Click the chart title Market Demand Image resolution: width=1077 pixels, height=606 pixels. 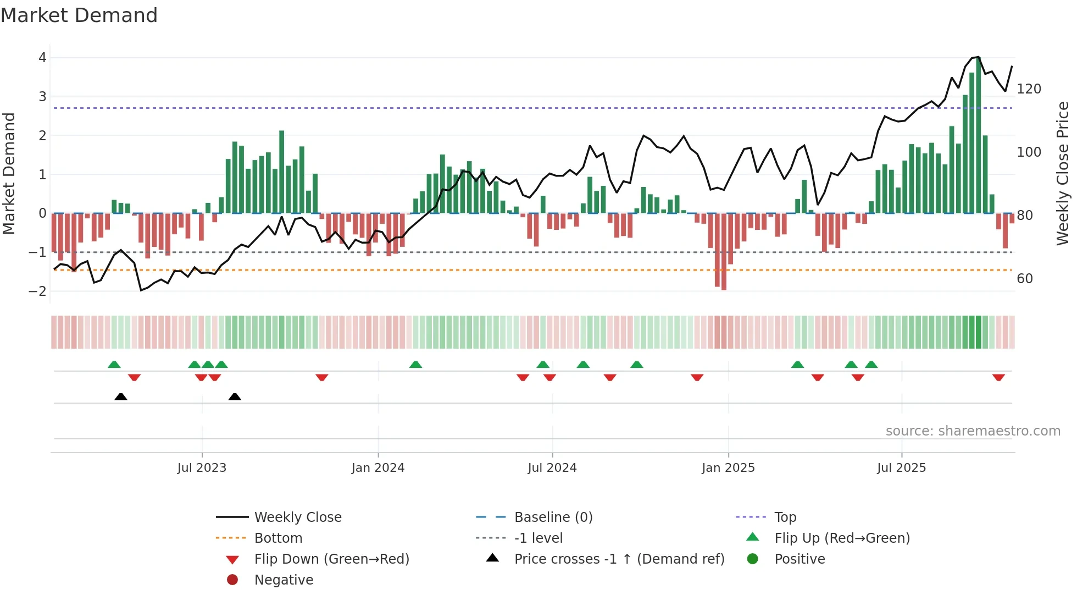[79, 15]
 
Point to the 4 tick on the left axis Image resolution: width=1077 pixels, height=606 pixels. [42, 58]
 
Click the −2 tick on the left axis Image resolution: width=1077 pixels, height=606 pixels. [38, 291]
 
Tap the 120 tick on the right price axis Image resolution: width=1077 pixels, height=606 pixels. [1029, 89]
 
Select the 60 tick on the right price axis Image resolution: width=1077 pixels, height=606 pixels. [1024, 279]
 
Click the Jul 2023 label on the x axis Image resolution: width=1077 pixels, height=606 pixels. [202, 468]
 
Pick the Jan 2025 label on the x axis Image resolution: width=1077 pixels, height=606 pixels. [728, 468]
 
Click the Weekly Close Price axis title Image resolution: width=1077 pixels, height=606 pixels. [1063, 173]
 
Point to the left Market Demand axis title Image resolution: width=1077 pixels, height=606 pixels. [9, 173]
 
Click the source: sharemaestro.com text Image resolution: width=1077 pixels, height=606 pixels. [973, 431]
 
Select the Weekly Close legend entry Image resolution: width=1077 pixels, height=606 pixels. [297, 517]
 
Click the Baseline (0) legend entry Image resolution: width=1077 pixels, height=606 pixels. [553, 517]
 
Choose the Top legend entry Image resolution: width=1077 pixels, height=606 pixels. [785, 517]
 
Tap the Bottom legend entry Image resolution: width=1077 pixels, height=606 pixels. [278, 538]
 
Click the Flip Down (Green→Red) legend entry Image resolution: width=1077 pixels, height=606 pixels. [331, 559]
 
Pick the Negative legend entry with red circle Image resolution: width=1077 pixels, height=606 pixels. [284, 580]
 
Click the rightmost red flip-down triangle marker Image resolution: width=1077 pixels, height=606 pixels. [998, 377]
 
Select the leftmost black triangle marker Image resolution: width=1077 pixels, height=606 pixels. [121, 396]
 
